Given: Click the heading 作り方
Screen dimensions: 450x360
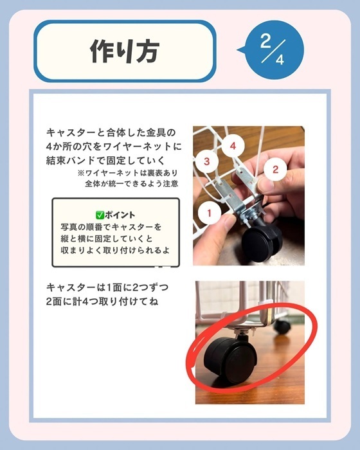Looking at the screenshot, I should point(123,51).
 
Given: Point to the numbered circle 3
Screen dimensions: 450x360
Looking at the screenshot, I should point(207,161).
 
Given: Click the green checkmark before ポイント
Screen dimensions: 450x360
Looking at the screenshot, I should point(99,215).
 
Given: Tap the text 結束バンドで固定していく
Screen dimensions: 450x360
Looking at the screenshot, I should point(96,159).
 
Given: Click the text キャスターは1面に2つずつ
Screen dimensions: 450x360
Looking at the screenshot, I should point(107,287).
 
